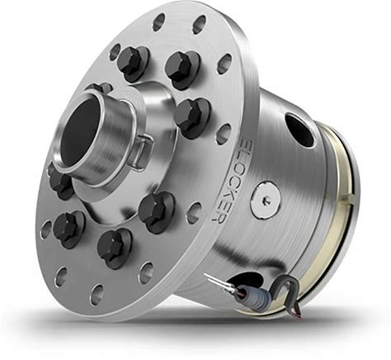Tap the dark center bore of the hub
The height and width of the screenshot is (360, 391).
pos(78,132)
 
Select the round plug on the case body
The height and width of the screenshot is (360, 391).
pos(266,200)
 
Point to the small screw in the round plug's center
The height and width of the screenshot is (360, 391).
pos(266,200)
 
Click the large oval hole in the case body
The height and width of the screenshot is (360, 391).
pos(299,130)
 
